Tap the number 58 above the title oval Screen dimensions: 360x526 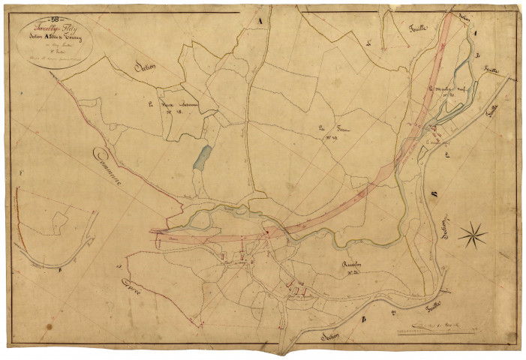[x=53, y=16]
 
